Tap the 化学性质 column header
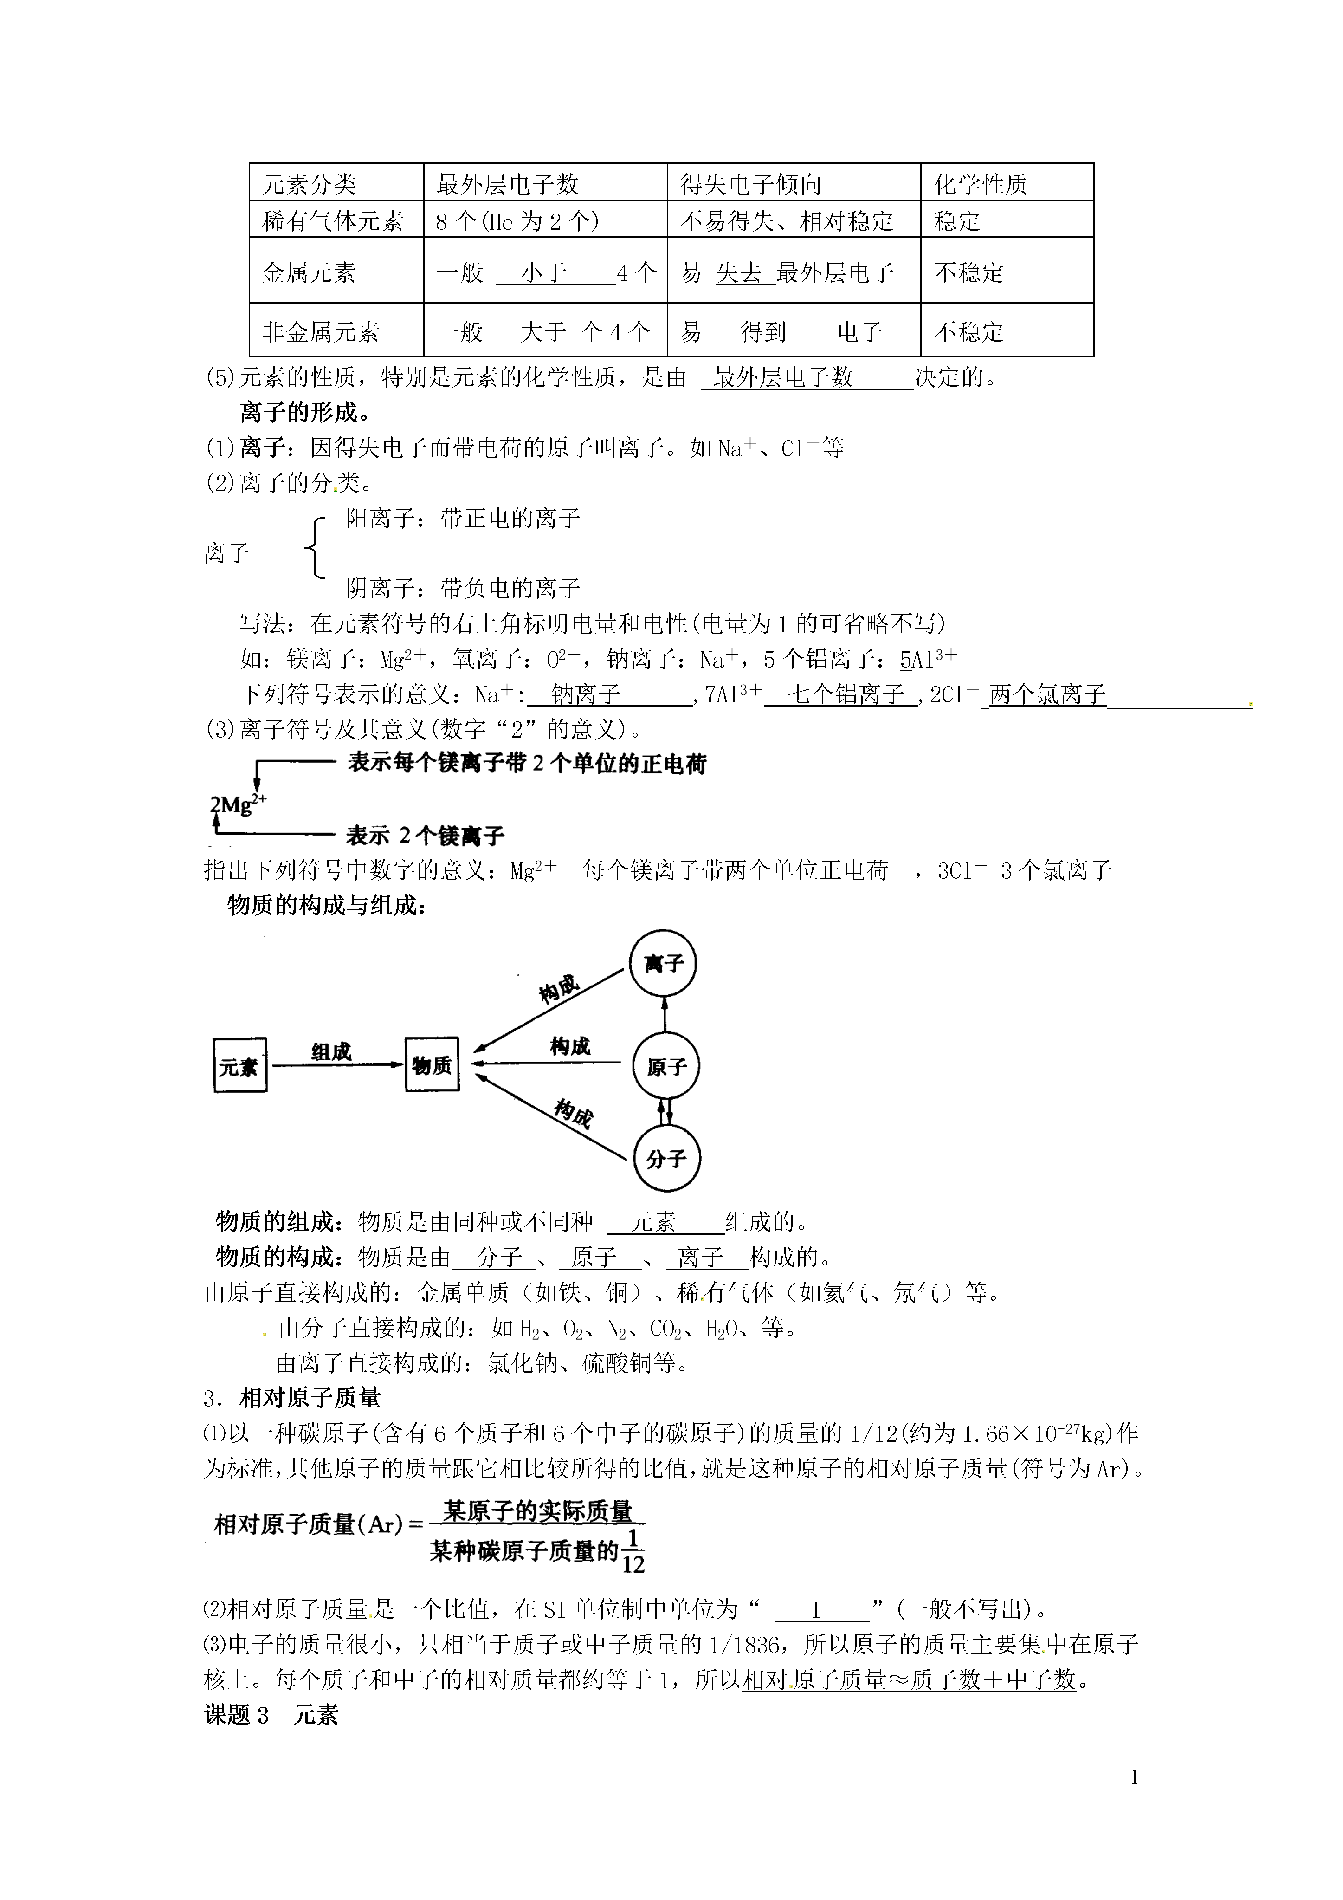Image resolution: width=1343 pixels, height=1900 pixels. [x=981, y=184]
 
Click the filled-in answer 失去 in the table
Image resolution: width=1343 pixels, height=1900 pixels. [x=739, y=272]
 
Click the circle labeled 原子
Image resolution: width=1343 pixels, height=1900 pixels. [x=665, y=1067]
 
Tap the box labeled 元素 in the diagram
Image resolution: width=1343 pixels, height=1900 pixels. [x=240, y=1066]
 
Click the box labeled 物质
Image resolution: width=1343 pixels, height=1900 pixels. [x=432, y=1065]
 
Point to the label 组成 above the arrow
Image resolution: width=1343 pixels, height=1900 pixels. [x=331, y=1052]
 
